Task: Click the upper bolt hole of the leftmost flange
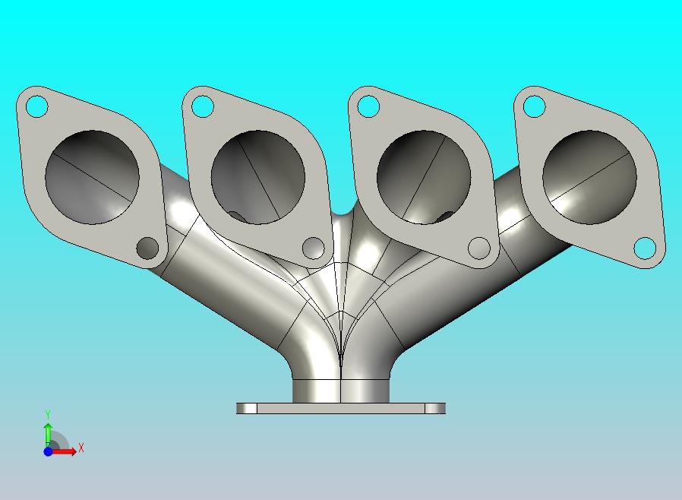click(x=37, y=106)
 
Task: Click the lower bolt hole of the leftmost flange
click(x=147, y=248)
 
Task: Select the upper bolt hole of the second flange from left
click(x=203, y=106)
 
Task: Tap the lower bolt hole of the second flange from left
click(x=313, y=248)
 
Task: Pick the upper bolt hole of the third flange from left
click(x=368, y=106)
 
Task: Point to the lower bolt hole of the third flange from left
click(x=479, y=248)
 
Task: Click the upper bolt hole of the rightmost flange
click(x=534, y=106)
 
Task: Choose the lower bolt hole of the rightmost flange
click(x=645, y=248)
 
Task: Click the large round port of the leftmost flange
click(x=92, y=177)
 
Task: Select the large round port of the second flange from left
click(x=258, y=177)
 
